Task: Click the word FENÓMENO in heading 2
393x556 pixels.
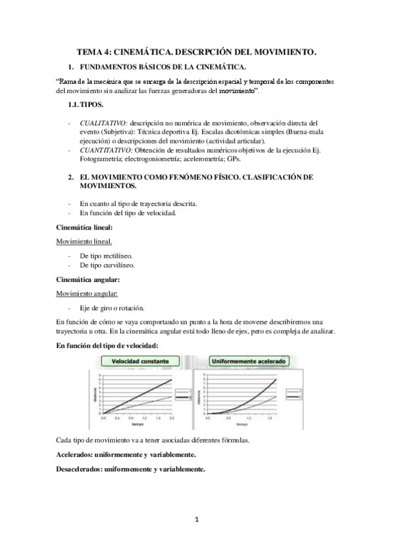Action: tap(197, 177)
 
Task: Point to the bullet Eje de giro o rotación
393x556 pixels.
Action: tap(112, 308)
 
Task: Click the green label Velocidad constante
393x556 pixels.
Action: tap(140, 361)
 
